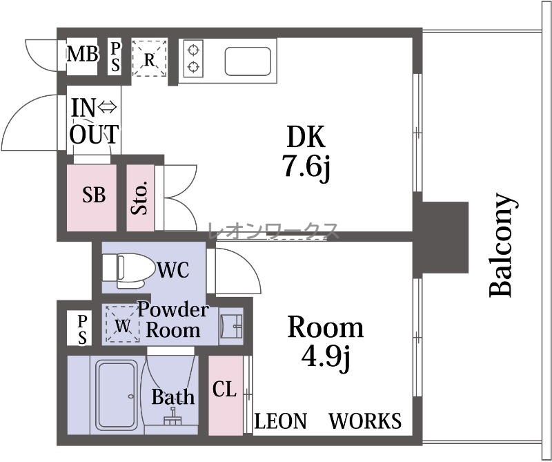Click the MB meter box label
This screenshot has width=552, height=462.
[83, 55]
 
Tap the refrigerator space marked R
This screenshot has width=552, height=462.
[149, 58]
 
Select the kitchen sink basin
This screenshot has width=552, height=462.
[248, 61]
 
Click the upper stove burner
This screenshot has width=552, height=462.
[193, 50]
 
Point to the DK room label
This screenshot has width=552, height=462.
[306, 137]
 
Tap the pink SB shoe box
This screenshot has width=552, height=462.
[92, 198]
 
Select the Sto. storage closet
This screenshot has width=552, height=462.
[141, 198]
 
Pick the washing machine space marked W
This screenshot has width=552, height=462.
[123, 324]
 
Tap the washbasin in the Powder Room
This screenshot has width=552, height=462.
[231, 327]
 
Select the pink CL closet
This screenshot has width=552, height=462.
[226, 396]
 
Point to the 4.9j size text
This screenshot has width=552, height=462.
[326, 356]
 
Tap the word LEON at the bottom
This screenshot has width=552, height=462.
[281, 421]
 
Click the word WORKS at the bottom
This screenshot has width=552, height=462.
[365, 421]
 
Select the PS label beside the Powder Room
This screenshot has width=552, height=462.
[82, 329]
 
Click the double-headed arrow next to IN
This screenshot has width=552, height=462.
[107, 107]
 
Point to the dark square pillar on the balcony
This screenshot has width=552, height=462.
[444, 237]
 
